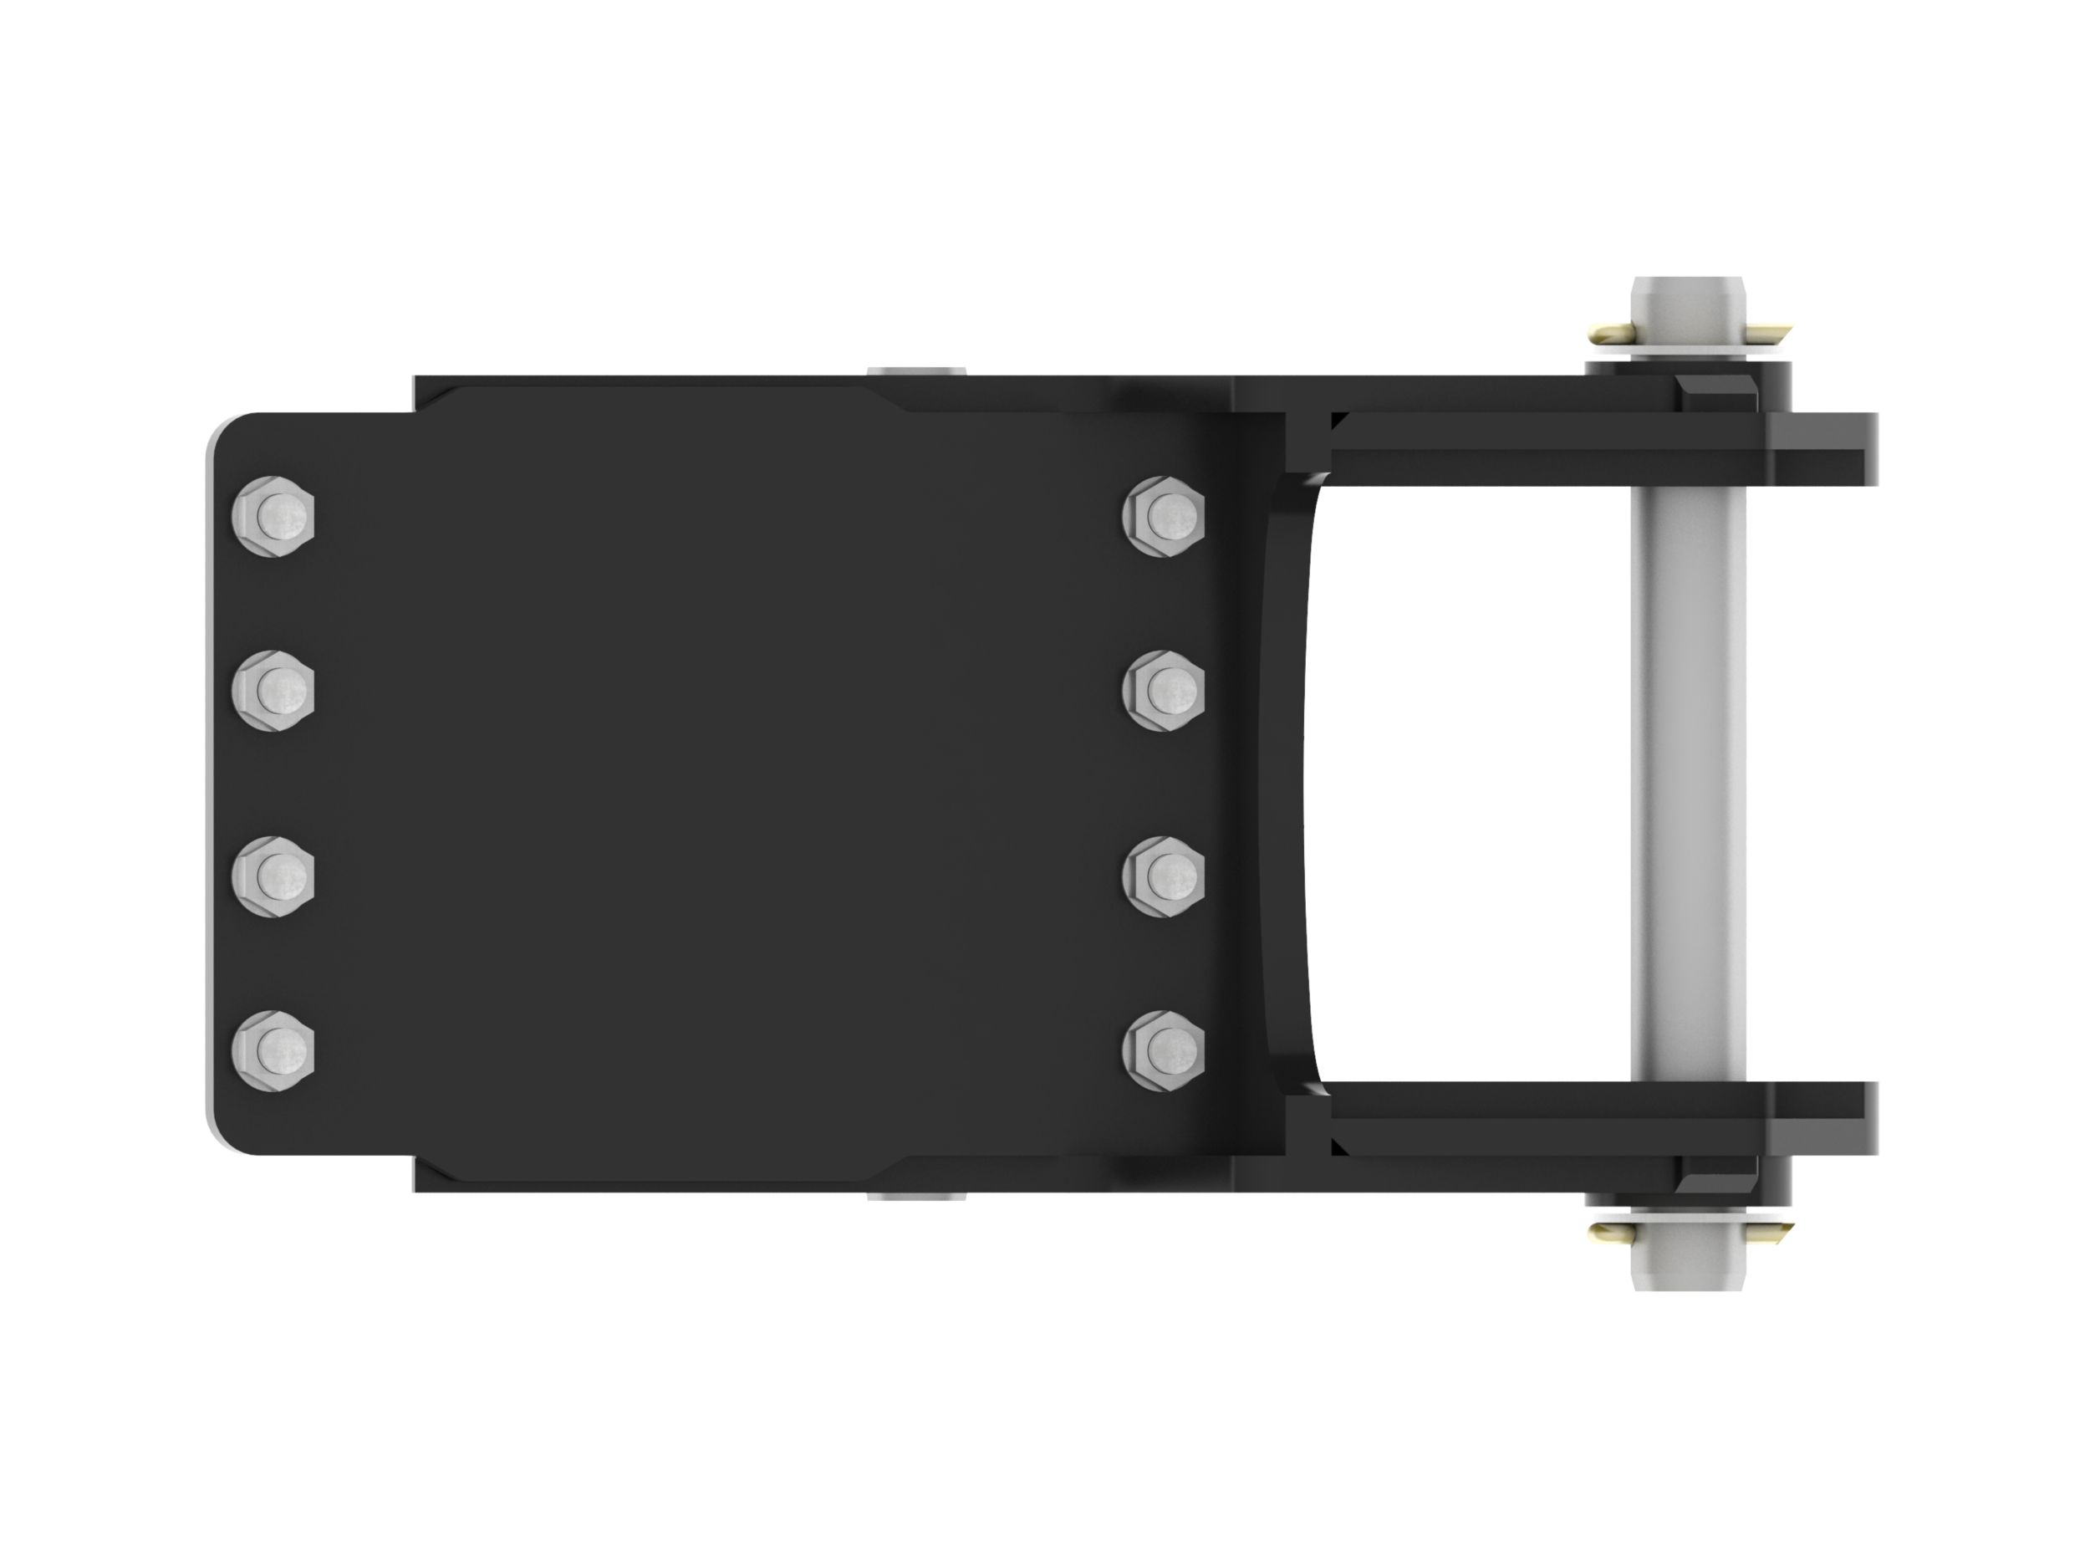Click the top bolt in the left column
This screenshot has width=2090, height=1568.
pyautogui.click(x=272, y=516)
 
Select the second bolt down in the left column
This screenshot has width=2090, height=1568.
pyautogui.click(x=272, y=690)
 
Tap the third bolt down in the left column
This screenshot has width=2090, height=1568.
pyautogui.click(x=272, y=876)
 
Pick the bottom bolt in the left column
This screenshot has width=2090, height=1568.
pyautogui.click(x=272, y=1050)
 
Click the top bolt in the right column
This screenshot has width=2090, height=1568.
pyautogui.click(x=1164, y=516)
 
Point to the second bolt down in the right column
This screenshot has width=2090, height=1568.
pyautogui.click(x=1164, y=690)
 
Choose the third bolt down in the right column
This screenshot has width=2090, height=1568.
pyautogui.click(x=1164, y=876)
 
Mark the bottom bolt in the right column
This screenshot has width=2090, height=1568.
pyautogui.click(x=1164, y=1050)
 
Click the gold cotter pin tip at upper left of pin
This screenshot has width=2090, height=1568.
pyautogui.click(x=1608, y=333)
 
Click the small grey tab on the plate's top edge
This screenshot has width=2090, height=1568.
pyautogui.click(x=915, y=370)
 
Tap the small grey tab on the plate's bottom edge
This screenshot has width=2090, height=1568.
pyautogui.click(x=915, y=1197)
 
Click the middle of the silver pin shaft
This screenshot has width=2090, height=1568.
pyautogui.click(x=1688, y=784)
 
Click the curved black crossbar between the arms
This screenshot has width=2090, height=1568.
pyautogui.click(x=1287, y=784)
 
